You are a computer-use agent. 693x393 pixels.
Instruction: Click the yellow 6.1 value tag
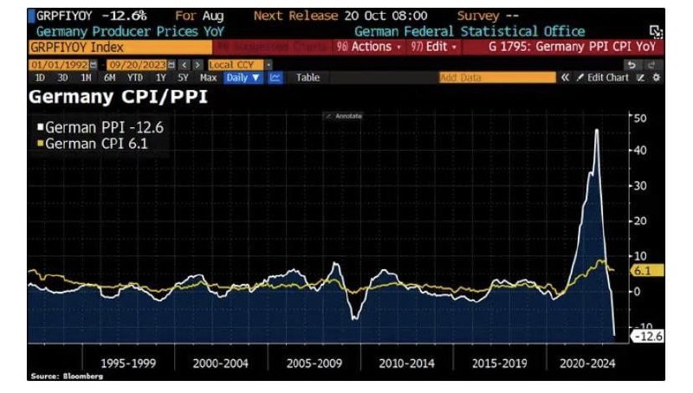pyautogui.click(x=646, y=271)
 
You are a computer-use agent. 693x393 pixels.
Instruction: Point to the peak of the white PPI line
pyautogui.click(x=597, y=130)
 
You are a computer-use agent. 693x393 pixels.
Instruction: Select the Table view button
pyautogui.click(x=308, y=77)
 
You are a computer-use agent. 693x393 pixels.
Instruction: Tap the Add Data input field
pyautogui.click(x=496, y=77)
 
